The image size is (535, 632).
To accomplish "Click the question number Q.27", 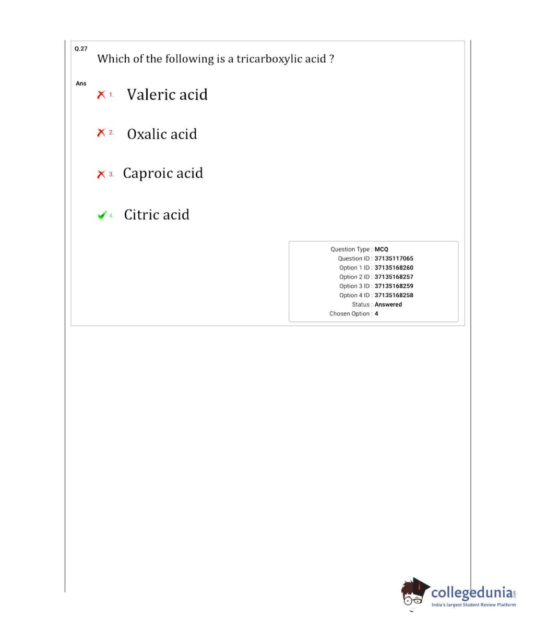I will click(x=81, y=48).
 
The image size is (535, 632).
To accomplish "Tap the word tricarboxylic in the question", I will click(x=270, y=59).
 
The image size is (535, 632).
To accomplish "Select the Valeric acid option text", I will click(x=167, y=94).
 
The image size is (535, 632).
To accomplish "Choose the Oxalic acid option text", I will click(x=162, y=134).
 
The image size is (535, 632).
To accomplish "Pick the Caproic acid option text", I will click(x=163, y=173).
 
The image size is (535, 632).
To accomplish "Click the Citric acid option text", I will click(x=157, y=214).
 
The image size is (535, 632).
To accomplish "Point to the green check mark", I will click(x=102, y=215).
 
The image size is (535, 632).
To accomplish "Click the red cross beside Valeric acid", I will click(x=101, y=95).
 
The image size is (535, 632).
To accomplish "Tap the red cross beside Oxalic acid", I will click(x=101, y=133).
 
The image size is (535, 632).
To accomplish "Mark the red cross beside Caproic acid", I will click(x=101, y=174).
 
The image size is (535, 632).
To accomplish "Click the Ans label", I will click(x=81, y=83).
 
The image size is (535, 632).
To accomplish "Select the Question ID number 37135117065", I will click(x=394, y=259).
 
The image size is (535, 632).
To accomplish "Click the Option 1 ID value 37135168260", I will click(x=394, y=268).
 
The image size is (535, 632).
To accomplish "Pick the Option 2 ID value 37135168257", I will click(x=394, y=277).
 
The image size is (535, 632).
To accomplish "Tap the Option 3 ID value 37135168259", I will click(x=394, y=286).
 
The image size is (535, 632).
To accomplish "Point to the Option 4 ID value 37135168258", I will click(x=394, y=295).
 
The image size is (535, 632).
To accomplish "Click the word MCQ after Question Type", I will click(x=382, y=249).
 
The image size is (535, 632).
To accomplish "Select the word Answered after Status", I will click(x=388, y=305).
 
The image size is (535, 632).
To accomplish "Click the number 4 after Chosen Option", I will click(x=376, y=313).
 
